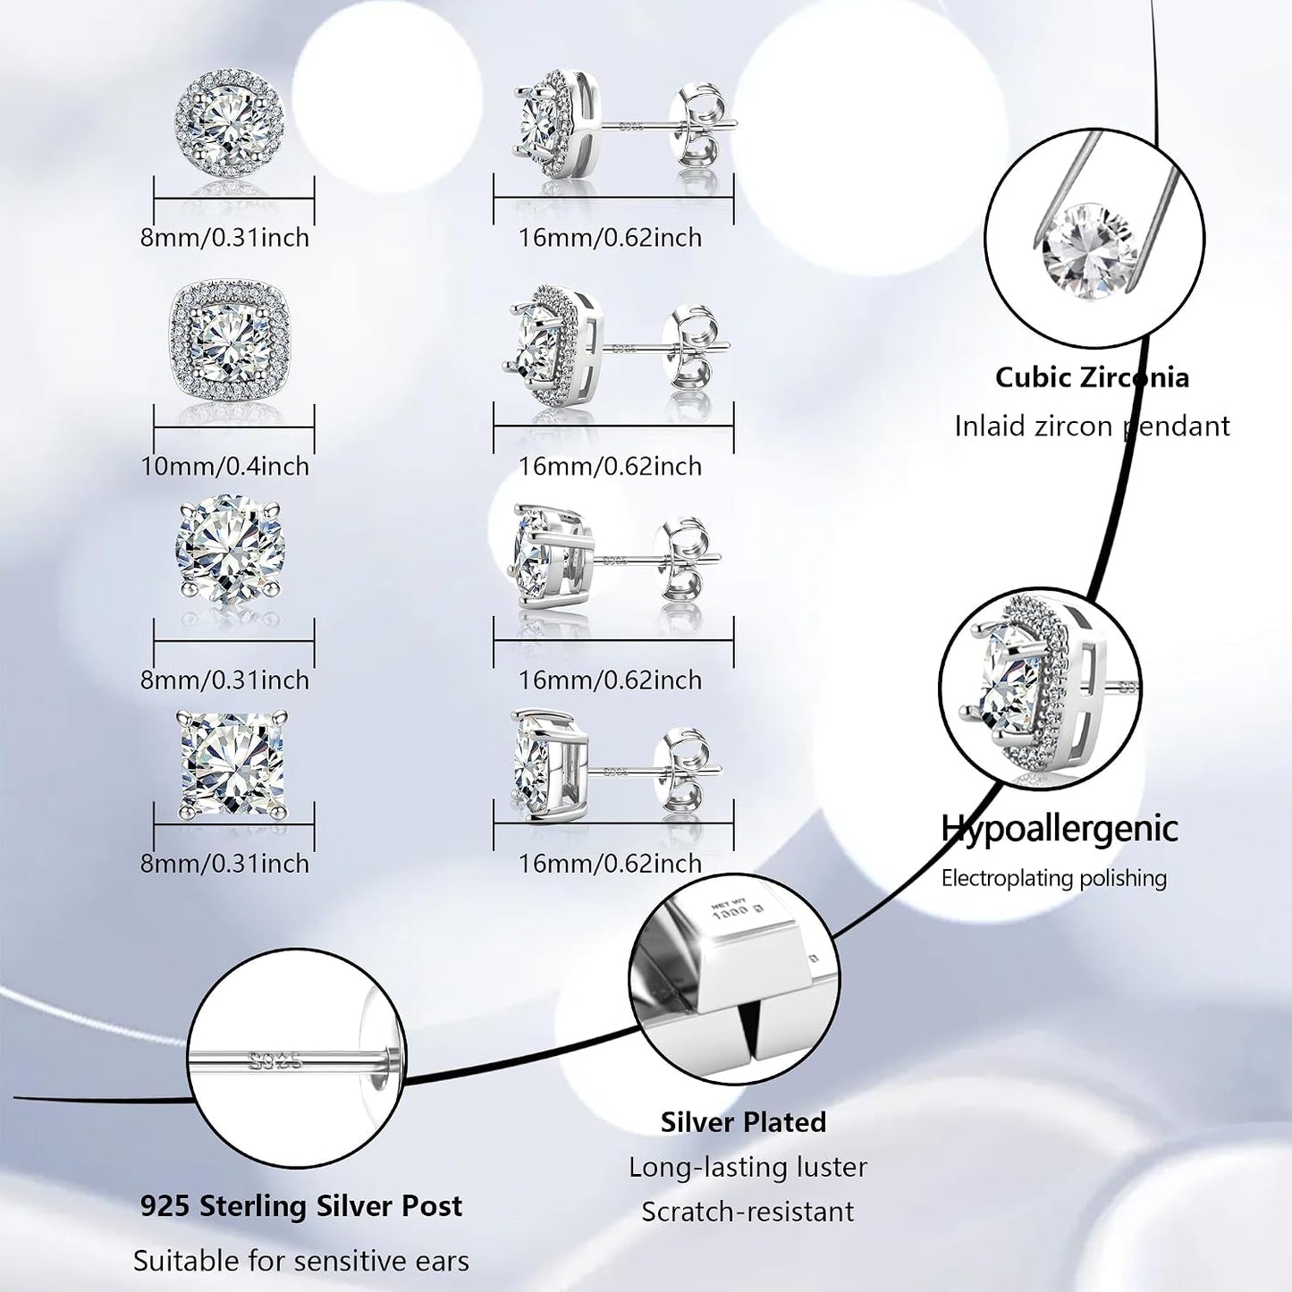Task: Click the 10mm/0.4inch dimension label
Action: [224, 466]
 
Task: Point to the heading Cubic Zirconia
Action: [1093, 377]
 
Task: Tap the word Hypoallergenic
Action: [1060, 828]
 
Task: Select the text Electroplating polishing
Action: [1054, 878]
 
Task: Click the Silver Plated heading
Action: [743, 1122]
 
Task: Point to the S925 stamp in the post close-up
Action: [274, 1060]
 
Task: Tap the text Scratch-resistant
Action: [747, 1212]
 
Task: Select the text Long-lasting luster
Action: [747, 1168]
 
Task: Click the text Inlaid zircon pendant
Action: [1093, 426]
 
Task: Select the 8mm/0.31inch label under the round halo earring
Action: [224, 237]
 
